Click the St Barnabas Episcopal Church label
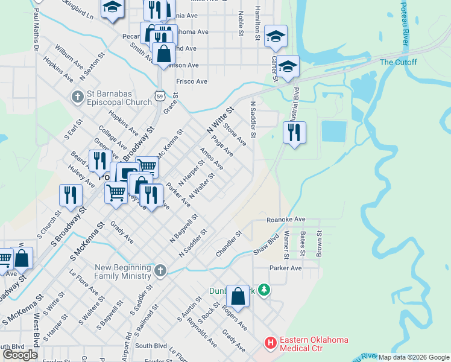pos(119,98)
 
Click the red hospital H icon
pos(271,343)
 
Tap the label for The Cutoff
pos(394,62)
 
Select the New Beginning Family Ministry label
pos(122,271)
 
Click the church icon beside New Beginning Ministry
pos(160,271)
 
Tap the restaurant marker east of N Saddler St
pos(294,133)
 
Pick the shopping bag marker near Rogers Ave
pos(238,296)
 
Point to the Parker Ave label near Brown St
pos(286,268)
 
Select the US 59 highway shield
pos(159,95)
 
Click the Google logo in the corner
pos(20,355)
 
